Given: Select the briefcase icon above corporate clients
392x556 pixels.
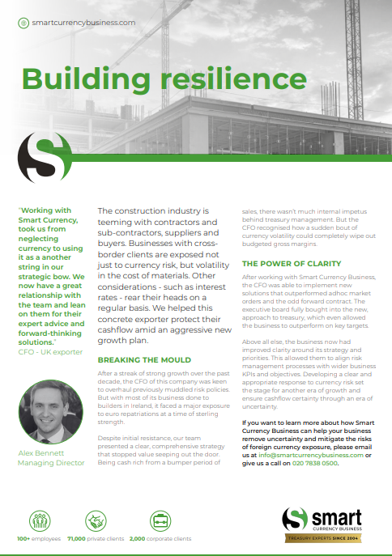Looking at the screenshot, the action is (x=160, y=519).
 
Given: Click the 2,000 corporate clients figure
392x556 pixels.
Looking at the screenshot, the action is (x=160, y=538).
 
